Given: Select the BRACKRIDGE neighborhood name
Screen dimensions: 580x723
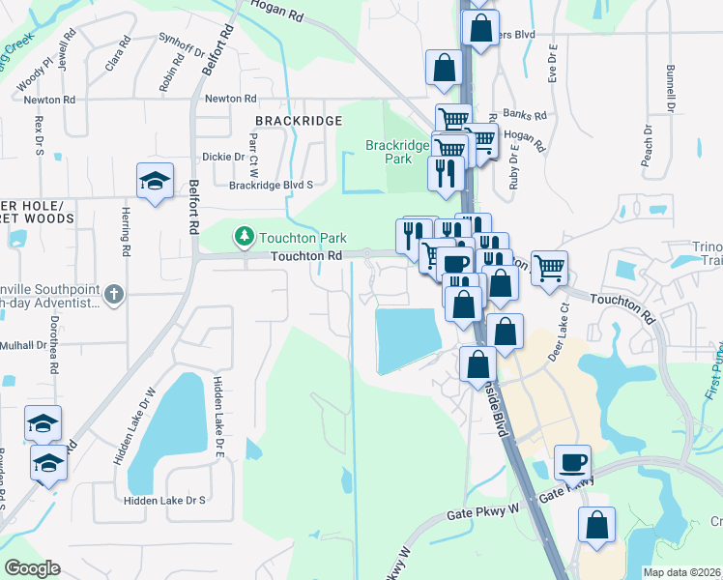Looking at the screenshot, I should coord(299,120).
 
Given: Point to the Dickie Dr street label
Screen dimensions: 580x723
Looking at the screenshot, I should coord(223,157).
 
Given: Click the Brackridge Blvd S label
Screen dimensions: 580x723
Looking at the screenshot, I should coord(271,185).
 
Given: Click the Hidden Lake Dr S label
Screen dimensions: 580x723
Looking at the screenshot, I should coord(165,500).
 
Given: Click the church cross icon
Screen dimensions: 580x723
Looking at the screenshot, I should coord(114,294).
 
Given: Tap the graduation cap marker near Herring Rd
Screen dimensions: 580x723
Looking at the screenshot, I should coord(155,181).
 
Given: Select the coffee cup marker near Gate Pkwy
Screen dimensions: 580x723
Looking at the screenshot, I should coord(573,461).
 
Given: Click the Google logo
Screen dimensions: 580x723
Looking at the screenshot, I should coord(33,568).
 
